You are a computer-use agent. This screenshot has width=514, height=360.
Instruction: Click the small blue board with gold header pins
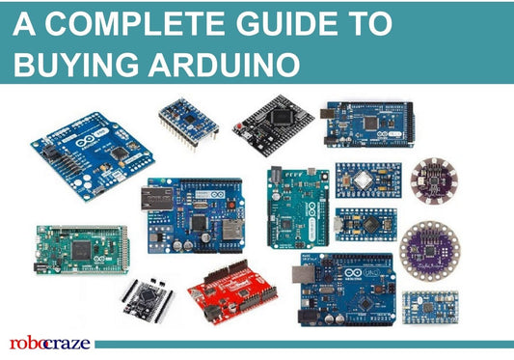click(x=186, y=121)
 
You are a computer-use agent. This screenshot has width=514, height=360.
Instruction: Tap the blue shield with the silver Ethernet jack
click(x=193, y=213)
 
